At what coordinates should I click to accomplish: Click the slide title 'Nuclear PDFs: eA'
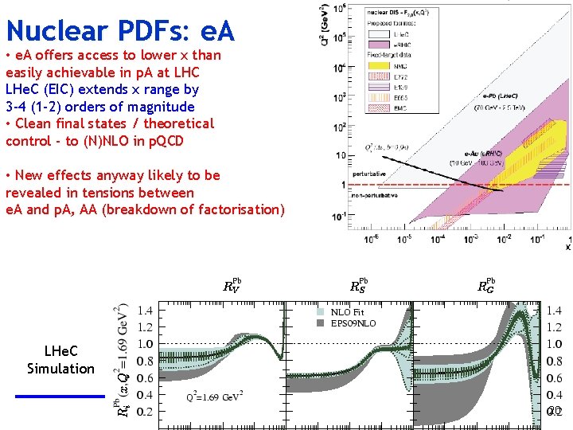(119, 30)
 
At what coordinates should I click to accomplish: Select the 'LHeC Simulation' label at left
(60, 359)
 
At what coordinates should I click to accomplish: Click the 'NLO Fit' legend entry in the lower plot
(348, 312)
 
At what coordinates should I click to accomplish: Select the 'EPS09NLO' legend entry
(353, 323)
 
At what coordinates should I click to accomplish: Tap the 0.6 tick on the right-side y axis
(555, 378)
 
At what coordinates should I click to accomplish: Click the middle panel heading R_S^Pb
(359, 286)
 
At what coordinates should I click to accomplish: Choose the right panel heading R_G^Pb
(485, 286)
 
